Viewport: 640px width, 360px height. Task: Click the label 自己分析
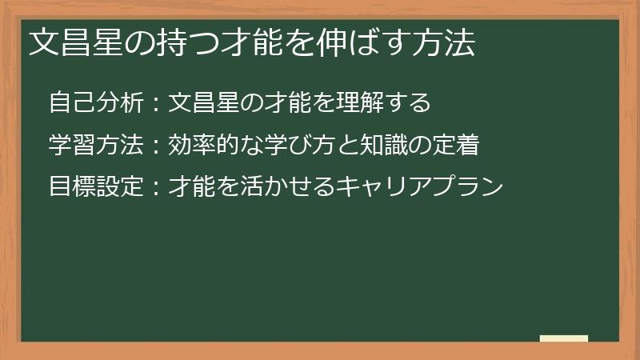pos(96,103)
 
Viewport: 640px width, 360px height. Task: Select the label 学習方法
pos(96,145)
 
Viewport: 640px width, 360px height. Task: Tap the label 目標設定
pos(96,187)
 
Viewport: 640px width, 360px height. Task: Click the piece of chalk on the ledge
pos(564,338)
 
